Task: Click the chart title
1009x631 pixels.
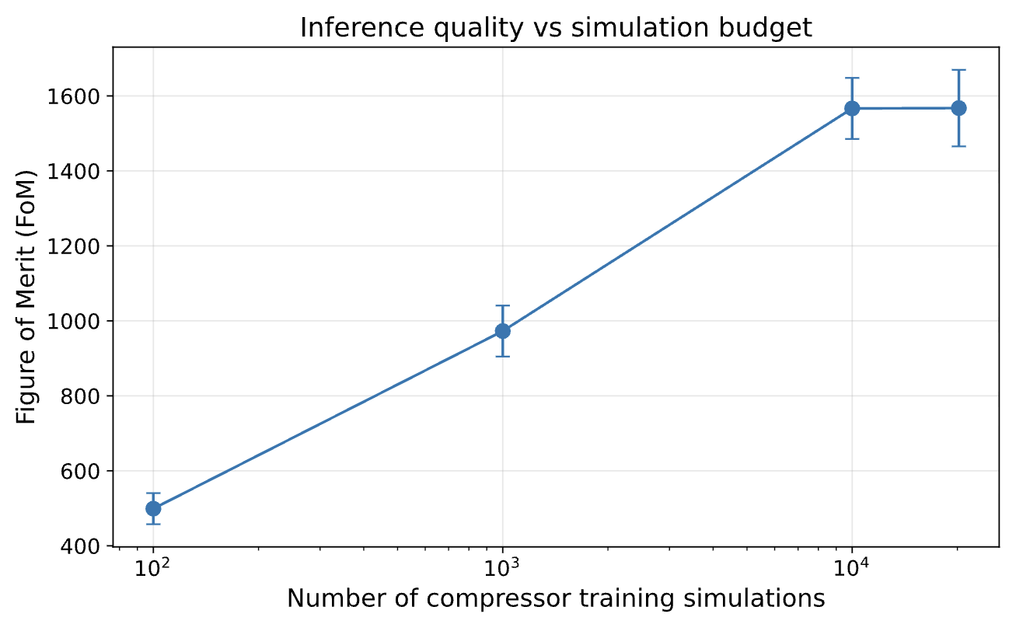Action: pyautogui.click(x=556, y=27)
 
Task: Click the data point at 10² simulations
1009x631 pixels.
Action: pyautogui.click(x=154, y=508)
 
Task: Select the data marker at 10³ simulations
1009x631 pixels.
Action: pyautogui.click(x=503, y=331)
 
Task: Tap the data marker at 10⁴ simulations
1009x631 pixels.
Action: pyautogui.click(x=852, y=108)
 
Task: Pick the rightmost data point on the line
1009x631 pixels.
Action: pyautogui.click(x=958, y=108)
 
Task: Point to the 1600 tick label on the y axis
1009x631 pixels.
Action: pyautogui.click(x=73, y=97)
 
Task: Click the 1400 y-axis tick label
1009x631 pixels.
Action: pyautogui.click(x=73, y=172)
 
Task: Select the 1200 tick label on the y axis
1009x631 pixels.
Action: pyautogui.click(x=73, y=246)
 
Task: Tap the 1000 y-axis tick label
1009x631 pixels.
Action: pyautogui.click(x=73, y=322)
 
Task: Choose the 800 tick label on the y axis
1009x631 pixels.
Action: pyautogui.click(x=80, y=396)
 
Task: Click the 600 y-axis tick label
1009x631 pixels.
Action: pyautogui.click(x=80, y=472)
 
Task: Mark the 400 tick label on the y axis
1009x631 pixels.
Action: pyautogui.click(x=80, y=546)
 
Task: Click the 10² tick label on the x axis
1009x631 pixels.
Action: pyautogui.click(x=152, y=567)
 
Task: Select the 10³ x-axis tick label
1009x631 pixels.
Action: pyautogui.click(x=501, y=567)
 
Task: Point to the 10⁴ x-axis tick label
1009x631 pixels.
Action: pyautogui.click(x=850, y=567)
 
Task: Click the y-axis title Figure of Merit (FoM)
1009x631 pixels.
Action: pyautogui.click(x=26, y=297)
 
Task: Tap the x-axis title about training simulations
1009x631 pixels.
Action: pyautogui.click(x=556, y=599)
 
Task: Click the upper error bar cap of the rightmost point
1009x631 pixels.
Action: pyautogui.click(x=958, y=70)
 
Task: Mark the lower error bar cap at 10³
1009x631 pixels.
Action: pyautogui.click(x=503, y=357)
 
